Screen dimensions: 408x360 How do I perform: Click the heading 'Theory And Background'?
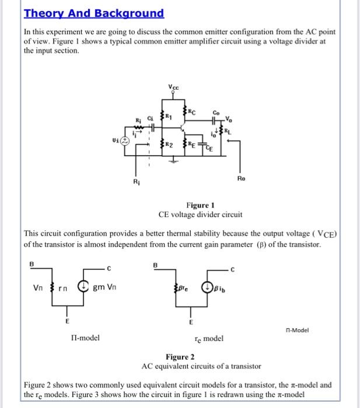point(94,13)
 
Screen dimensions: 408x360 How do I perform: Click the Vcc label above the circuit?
point(173,87)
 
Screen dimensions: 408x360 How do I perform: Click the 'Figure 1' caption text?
point(200,205)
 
